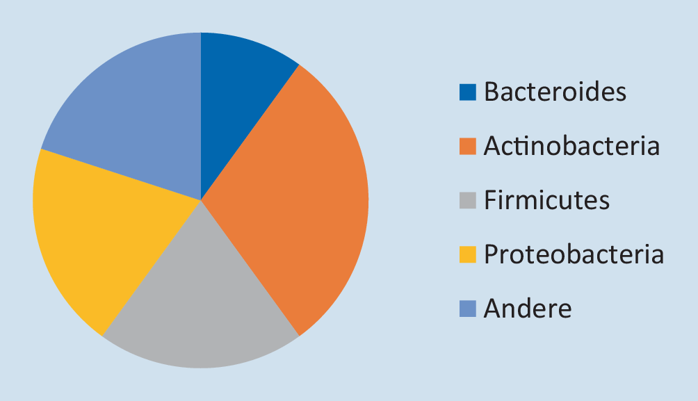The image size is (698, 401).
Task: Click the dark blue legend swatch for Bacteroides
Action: (468, 92)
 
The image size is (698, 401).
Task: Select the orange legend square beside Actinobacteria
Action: (468, 147)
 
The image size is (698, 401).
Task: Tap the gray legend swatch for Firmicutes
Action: (468, 200)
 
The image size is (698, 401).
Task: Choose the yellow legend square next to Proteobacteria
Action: (468, 254)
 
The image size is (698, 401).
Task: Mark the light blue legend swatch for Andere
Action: (468, 309)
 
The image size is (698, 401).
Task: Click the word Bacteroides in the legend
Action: (555, 92)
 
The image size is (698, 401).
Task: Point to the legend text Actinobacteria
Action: (571, 145)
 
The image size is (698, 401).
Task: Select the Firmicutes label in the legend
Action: (546, 200)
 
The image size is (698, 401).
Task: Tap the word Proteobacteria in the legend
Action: (574, 254)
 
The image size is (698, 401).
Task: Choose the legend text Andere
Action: (528, 308)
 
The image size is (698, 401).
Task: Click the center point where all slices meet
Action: (201, 200)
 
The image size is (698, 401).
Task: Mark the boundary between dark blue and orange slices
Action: (250, 133)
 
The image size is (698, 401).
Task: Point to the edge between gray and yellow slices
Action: (152, 268)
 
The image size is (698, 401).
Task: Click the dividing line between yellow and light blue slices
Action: (121, 174)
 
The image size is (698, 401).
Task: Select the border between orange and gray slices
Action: (250, 268)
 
